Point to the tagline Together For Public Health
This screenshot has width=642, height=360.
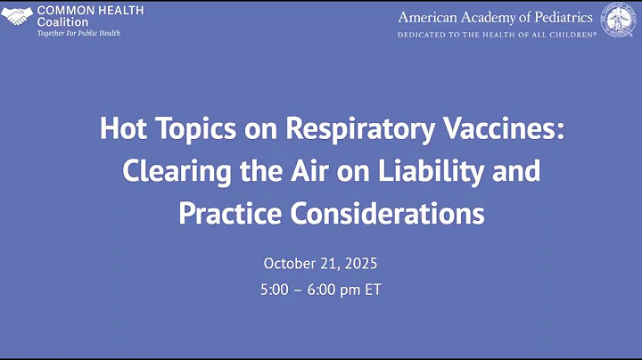[x=78, y=33]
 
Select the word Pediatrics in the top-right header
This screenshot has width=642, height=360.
[x=564, y=17]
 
